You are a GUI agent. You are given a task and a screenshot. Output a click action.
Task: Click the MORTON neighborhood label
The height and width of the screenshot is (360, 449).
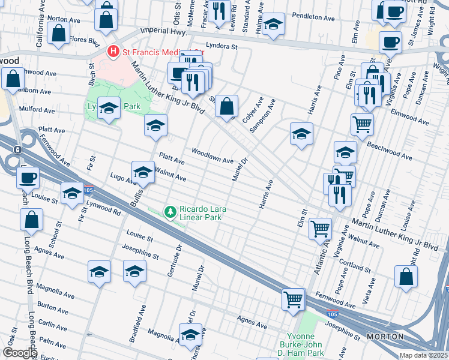385,337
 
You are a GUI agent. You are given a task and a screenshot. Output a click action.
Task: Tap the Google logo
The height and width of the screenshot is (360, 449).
19,353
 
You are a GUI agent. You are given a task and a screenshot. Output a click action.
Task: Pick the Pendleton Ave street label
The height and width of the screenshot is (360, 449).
313,17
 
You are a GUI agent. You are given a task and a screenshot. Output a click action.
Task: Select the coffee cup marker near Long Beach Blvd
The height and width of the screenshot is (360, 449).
28,178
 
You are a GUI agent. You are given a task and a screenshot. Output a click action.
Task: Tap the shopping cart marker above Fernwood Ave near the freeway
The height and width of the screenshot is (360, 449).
293,299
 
